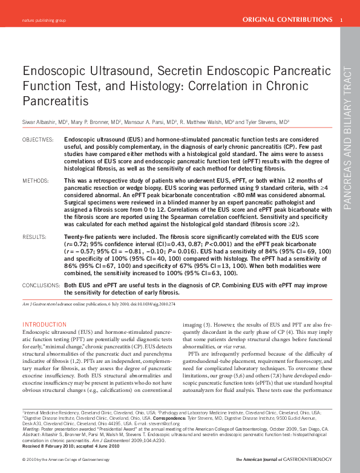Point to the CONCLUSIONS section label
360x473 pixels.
[x=41, y=284]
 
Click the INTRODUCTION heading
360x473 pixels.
[x=44, y=325]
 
